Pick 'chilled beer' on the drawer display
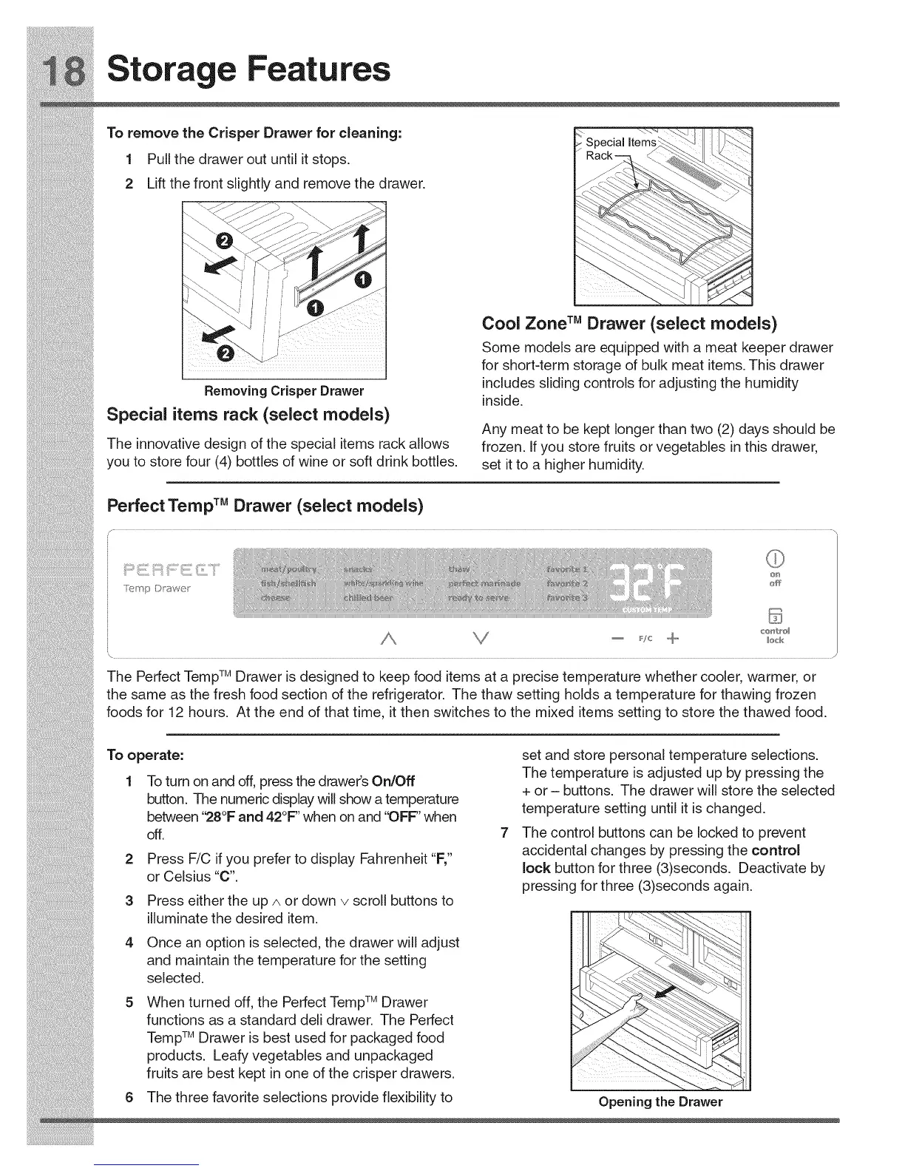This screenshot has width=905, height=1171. coord(369,597)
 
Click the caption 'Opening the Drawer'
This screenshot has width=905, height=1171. coord(660,1102)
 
